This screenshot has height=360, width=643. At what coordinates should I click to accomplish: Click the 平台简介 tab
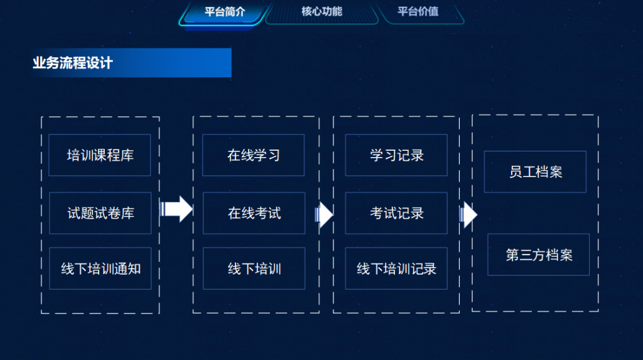(224, 12)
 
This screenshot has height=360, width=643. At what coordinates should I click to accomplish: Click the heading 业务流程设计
(73, 63)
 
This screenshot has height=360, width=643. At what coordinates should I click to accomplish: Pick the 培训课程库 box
(100, 155)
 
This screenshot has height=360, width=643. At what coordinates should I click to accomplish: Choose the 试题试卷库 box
(100, 213)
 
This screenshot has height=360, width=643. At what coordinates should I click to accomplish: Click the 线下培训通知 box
(100, 268)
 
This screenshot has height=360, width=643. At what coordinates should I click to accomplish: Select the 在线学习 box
(254, 155)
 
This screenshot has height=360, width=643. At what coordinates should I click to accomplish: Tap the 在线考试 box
(254, 213)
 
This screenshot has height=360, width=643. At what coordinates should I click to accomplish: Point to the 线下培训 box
(254, 268)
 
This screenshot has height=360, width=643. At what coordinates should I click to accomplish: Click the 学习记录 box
(396, 155)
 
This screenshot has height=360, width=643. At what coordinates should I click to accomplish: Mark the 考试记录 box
(396, 213)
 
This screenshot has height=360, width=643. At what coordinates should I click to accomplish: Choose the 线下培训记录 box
(396, 268)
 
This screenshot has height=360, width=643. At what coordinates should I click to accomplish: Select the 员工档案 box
(535, 172)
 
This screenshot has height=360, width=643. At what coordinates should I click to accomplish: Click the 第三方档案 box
(538, 254)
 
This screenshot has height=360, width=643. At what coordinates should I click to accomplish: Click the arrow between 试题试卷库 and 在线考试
(176, 209)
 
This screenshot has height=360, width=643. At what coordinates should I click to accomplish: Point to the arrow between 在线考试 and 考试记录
(324, 215)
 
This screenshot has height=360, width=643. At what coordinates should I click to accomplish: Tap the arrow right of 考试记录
(468, 215)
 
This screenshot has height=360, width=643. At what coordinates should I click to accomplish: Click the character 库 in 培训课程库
(127, 156)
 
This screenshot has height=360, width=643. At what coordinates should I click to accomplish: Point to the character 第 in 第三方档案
(512, 255)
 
